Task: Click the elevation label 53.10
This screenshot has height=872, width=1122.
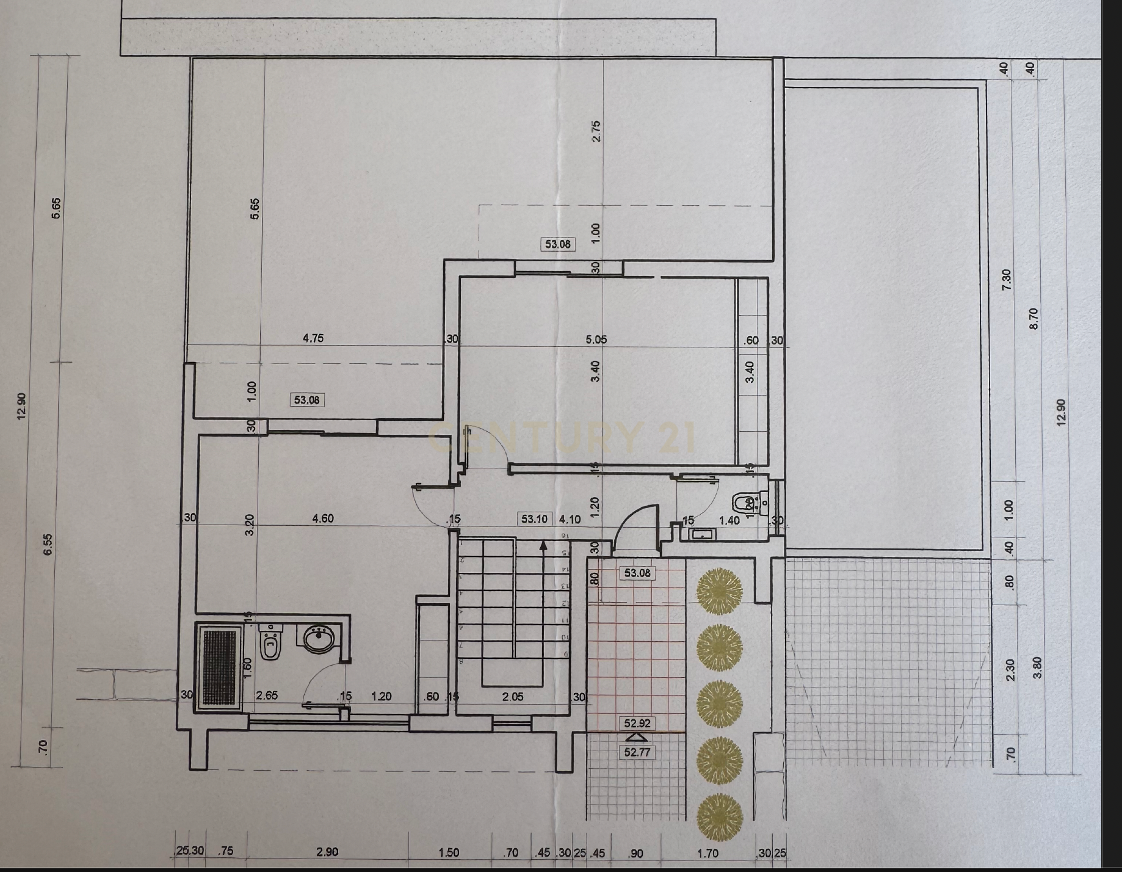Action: [534, 519]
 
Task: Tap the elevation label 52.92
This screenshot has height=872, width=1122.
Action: [637, 723]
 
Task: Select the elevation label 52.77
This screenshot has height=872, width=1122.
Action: [637, 752]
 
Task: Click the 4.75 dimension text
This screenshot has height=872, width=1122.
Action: [313, 338]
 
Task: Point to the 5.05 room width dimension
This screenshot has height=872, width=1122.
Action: [596, 340]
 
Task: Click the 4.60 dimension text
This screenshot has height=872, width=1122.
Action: [323, 518]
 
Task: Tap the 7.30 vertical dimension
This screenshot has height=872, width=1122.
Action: [1007, 280]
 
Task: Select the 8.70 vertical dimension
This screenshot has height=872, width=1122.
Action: [1033, 318]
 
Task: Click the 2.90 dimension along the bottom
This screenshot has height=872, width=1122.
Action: [327, 852]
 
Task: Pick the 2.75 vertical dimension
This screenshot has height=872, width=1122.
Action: [596, 131]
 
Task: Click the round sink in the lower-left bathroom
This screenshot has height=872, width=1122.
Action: [319, 640]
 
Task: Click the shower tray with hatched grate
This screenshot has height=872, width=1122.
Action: [219, 667]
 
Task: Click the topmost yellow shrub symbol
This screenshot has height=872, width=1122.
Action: [720, 590]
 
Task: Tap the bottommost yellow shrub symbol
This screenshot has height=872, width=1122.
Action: [720, 816]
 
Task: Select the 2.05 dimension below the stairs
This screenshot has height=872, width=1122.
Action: [513, 696]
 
